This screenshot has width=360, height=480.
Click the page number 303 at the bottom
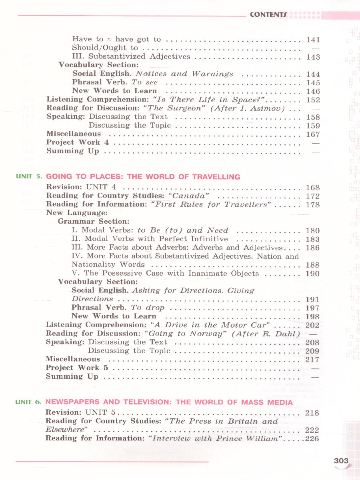point(341,461)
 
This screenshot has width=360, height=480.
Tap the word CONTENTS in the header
point(268,15)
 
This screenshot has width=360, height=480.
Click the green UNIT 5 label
point(28,176)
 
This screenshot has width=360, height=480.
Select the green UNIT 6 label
point(28,402)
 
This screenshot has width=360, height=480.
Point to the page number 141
point(313,40)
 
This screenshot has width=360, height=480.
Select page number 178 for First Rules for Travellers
point(312,205)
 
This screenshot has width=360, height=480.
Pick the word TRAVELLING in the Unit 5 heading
point(216,177)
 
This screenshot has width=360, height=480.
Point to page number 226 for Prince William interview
point(312,439)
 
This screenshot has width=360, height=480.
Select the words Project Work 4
point(78,142)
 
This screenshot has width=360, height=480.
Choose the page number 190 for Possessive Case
point(312,274)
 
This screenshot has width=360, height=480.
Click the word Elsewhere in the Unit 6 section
point(67,430)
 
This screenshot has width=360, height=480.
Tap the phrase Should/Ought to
point(105,48)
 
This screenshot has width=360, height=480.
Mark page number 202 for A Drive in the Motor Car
point(312,325)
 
